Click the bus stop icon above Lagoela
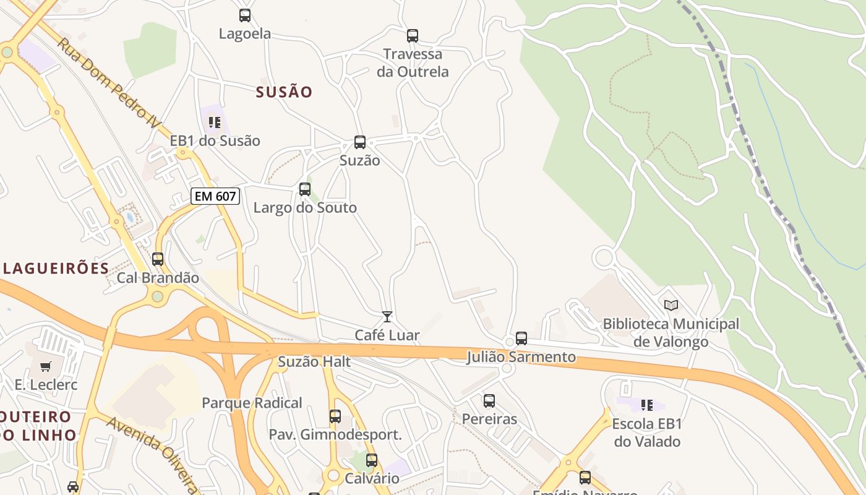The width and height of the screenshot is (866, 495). pos(245,15)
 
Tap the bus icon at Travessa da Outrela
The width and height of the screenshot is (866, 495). pos(413,36)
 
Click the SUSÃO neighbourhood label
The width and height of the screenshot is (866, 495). pos(285,92)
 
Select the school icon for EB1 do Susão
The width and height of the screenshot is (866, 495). pos(215,123)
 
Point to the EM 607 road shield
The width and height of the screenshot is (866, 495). pos(215,197)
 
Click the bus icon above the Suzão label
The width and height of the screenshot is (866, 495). pos(360,142)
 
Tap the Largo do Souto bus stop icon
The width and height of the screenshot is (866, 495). pos(305,189)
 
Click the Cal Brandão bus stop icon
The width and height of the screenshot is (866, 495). pos(158,259)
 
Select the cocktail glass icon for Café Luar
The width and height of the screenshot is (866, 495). pos(387,317)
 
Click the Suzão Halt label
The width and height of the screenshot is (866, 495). pos(314,362)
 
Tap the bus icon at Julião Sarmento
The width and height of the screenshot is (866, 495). pos(521,338)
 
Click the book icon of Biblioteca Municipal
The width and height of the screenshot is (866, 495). pos(671,305)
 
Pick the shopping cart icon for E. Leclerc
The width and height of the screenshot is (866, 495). pos(46,366)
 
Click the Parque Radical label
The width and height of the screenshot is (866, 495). pos(252,403)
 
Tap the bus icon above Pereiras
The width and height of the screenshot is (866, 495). pos(489,401)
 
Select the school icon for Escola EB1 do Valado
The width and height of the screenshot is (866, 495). pos(647,405)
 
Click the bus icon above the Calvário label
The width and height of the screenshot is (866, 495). pos(372,460)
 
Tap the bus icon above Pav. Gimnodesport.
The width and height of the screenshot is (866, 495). pos(335,416)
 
